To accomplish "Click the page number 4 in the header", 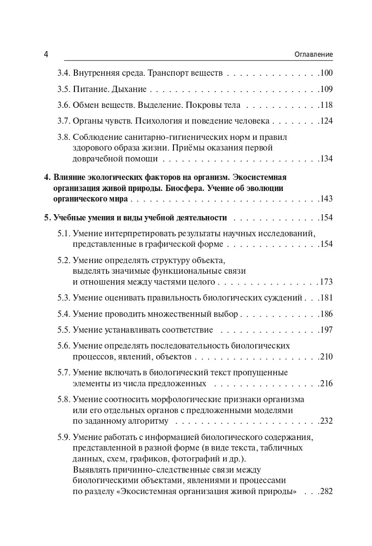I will click(x=46, y=54).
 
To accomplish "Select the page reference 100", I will click(x=327, y=73).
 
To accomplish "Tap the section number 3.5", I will click(x=63, y=89).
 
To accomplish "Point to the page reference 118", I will click(x=327, y=105).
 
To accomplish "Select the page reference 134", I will click(x=327, y=159).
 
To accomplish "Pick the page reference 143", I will click(x=327, y=199).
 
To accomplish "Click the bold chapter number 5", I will click(x=46, y=218).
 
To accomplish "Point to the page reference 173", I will click(x=327, y=282).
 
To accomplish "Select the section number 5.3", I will click(x=63, y=298).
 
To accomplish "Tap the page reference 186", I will click(x=327, y=314).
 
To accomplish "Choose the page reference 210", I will click(x=327, y=357).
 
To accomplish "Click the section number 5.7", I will click(x=63, y=373).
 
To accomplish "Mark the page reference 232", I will click(x=327, y=421).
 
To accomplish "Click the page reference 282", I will click(x=327, y=491).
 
